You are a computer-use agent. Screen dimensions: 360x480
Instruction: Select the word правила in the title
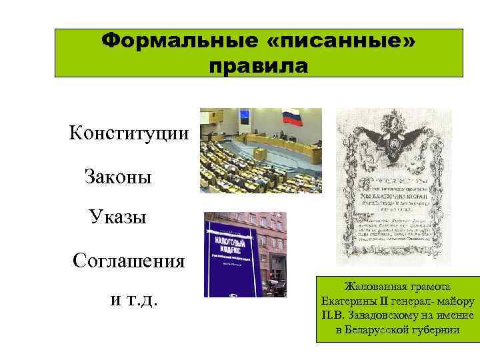pyautogui.click(x=258, y=67)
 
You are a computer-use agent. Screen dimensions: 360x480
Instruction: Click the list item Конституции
pyautogui.click(x=129, y=133)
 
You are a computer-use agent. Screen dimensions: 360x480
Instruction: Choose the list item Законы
pyautogui.click(x=118, y=177)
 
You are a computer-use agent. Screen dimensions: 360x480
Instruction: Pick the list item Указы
pyautogui.click(x=117, y=217)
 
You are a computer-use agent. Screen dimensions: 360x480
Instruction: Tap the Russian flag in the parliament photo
pyautogui.click(x=293, y=119)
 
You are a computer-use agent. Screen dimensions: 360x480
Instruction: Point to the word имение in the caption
pyautogui.click(x=454, y=315)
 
